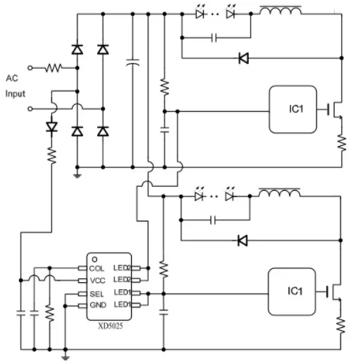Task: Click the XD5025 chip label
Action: pos(111,326)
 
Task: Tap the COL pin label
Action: pos(96,269)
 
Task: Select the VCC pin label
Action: pos(97,281)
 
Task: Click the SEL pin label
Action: pos(96,294)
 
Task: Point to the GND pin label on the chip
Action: pos(98,305)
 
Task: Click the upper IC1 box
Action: pos(292,110)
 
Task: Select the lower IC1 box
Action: pos(291,292)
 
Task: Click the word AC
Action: pos(12,78)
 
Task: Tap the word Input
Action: pos(15,94)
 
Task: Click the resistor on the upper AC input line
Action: pos(54,68)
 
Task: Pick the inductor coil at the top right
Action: pos(280,10)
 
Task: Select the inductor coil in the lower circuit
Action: pos(280,192)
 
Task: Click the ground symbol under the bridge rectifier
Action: pos(77,176)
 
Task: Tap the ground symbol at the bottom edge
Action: pos(66,358)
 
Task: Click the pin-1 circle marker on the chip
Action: pos(95,259)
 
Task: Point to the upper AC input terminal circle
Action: pos(30,68)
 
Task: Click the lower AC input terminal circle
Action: pos(30,109)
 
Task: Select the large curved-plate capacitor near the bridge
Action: pos(133,62)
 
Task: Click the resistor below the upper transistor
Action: pos(341,143)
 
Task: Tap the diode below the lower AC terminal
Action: pos(51,127)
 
